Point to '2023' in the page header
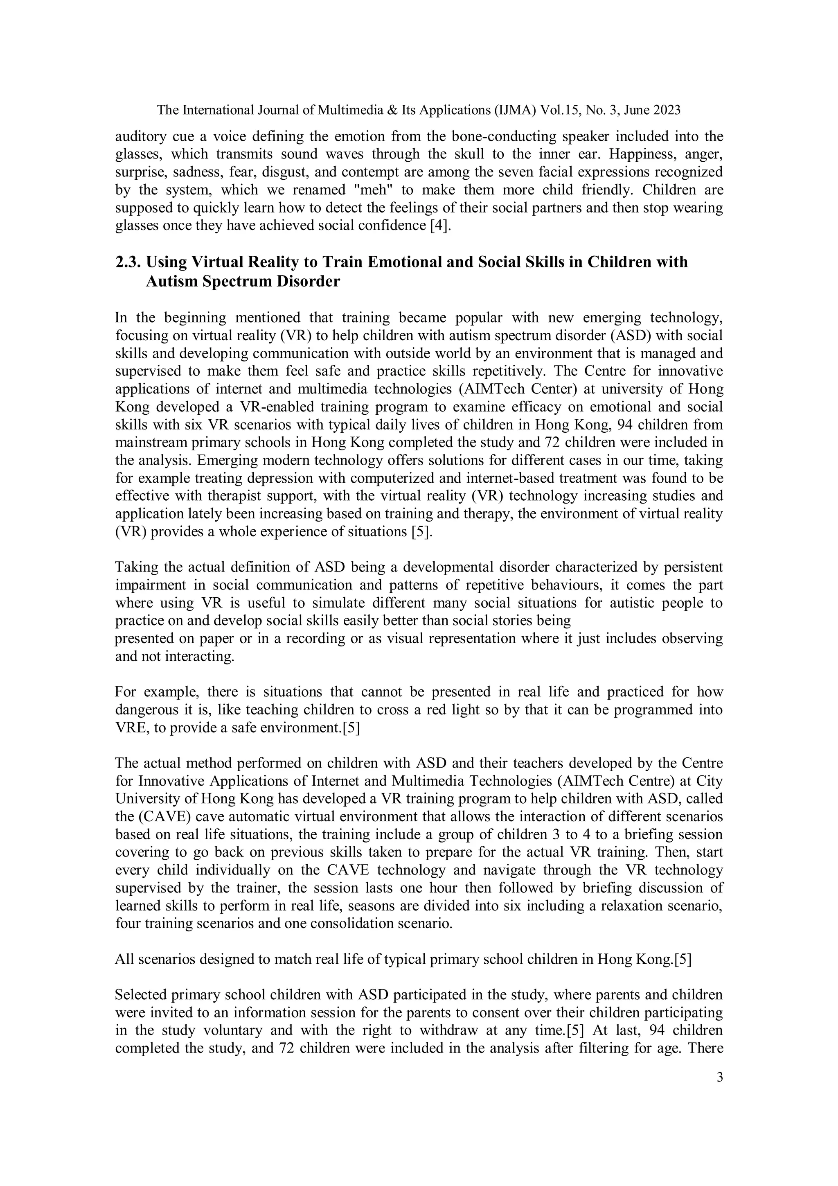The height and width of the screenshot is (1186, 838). (667, 110)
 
